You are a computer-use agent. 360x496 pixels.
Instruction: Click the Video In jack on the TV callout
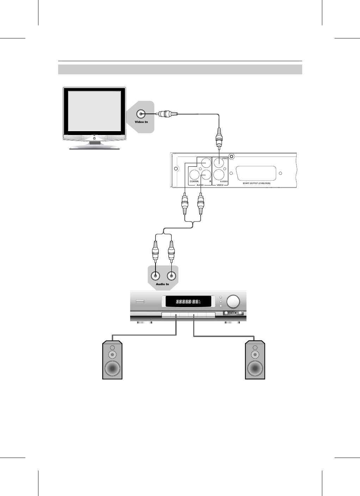(x=141, y=114)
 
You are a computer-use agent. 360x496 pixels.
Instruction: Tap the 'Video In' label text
(x=141, y=122)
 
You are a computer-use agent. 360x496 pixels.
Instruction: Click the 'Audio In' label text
(x=163, y=284)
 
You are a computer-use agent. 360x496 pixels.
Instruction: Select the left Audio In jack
(x=154, y=276)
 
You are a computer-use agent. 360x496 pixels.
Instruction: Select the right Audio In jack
(x=171, y=276)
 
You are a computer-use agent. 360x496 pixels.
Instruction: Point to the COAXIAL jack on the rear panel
(x=195, y=174)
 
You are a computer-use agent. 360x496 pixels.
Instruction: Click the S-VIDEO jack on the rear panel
(x=219, y=174)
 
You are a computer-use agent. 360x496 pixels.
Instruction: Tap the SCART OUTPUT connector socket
(x=256, y=173)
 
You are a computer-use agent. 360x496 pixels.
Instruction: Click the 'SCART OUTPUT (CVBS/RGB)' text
(x=256, y=183)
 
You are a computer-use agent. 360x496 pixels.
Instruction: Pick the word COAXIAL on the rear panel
(x=195, y=181)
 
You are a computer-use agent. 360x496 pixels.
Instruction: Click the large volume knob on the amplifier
(x=233, y=302)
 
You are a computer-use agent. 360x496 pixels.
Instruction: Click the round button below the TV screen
(x=94, y=139)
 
